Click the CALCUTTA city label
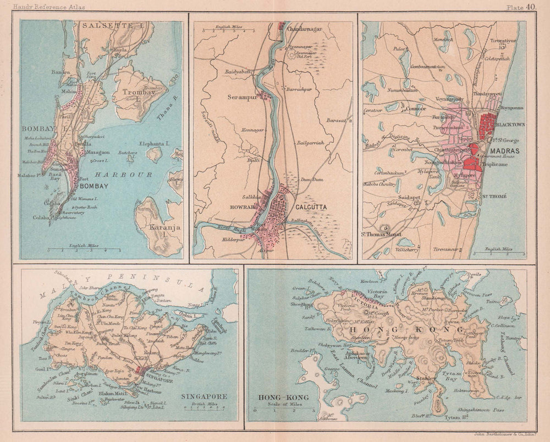click(x=311, y=207)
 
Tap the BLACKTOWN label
click(x=510, y=125)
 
